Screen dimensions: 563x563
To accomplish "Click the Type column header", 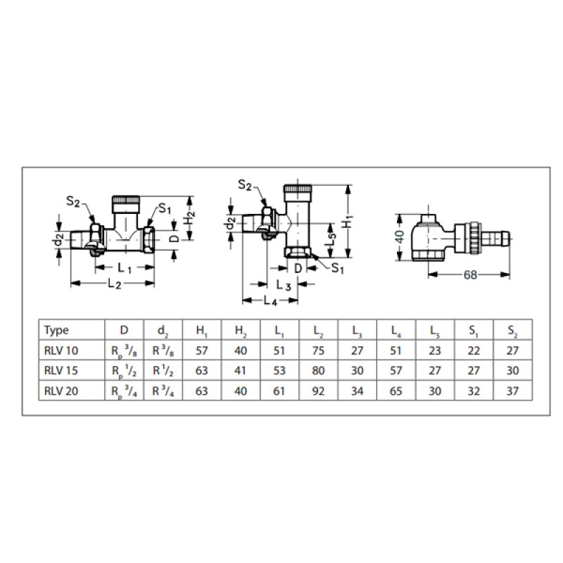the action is pyautogui.click(x=56, y=330).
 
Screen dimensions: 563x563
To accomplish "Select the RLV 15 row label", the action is pyautogui.click(x=61, y=370).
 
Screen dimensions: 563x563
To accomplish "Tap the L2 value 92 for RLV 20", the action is pyautogui.click(x=318, y=391).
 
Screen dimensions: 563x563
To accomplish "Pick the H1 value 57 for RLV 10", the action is pyautogui.click(x=202, y=350).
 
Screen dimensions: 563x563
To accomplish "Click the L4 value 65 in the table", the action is pyautogui.click(x=396, y=391).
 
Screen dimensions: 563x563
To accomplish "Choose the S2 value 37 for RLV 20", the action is pyautogui.click(x=513, y=391).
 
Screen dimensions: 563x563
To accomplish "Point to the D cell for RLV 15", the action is pyautogui.click(x=125, y=372).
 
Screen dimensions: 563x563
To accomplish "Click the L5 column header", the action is pyautogui.click(x=435, y=331).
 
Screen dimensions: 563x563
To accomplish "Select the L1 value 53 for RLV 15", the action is pyautogui.click(x=279, y=370).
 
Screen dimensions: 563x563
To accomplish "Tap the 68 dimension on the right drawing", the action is pyautogui.click(x=470, y=274).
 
